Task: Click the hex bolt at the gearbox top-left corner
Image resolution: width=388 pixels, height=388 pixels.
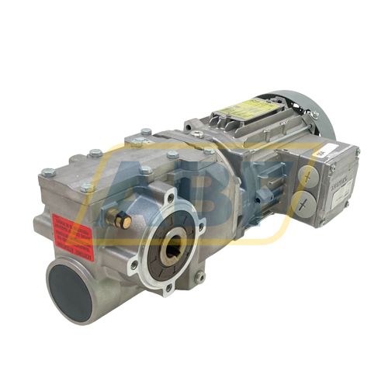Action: pos(47,172)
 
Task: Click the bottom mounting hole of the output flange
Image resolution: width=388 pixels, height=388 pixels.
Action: pos(168,289)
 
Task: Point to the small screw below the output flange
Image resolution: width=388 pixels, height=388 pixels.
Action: pos(200,275)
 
